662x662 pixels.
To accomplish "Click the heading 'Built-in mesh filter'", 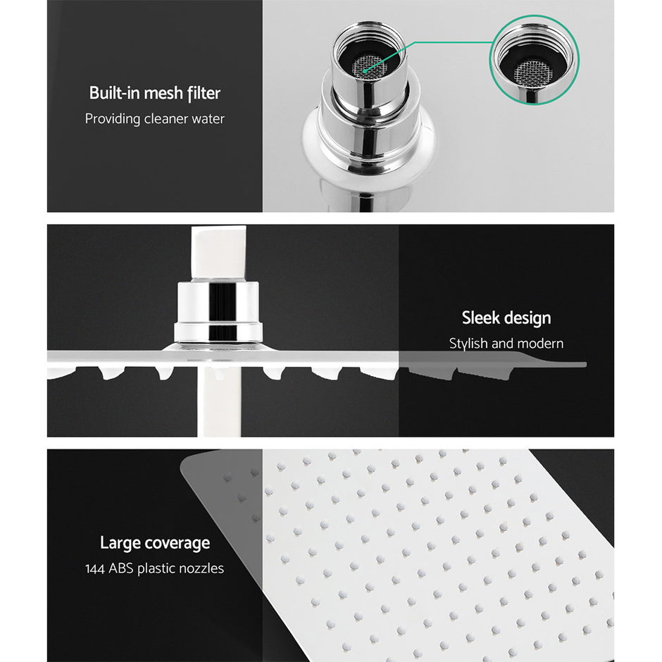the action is point(154,93).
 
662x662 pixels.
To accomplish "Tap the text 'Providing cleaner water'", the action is point(154,118).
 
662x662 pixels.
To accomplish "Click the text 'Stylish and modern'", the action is point(506,344).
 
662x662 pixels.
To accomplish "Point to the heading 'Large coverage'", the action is point(154,543).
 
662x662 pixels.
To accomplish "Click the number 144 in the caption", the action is point(96,568).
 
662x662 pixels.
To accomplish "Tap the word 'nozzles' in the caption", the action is point(199,568).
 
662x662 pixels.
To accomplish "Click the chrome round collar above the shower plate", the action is point(219,311).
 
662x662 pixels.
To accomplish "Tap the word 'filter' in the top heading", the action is point(204,93).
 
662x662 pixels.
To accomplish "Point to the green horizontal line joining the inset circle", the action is point(451,43).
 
